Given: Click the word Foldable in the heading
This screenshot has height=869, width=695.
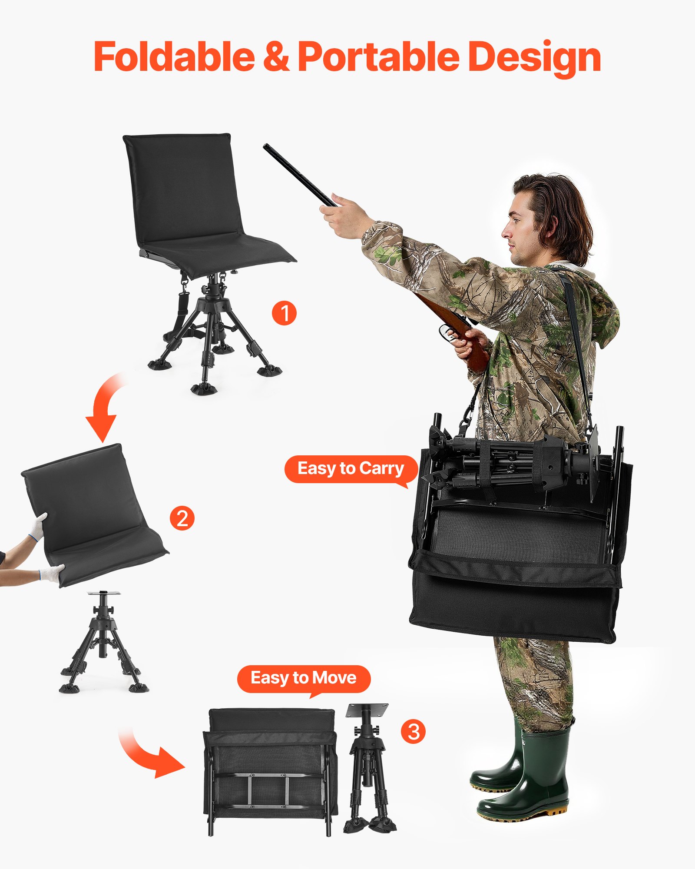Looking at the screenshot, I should [174, 56].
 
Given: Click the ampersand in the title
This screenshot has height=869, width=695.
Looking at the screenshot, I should [276, 56].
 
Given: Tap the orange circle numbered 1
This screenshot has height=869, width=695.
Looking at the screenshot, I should [284, 313].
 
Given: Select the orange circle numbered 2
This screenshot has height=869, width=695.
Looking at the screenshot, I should [182, 518].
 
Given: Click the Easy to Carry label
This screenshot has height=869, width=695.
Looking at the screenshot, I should [350, 468].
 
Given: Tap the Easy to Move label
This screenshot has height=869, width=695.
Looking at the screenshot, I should [303, 678].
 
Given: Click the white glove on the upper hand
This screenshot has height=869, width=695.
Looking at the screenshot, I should [39, 526].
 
